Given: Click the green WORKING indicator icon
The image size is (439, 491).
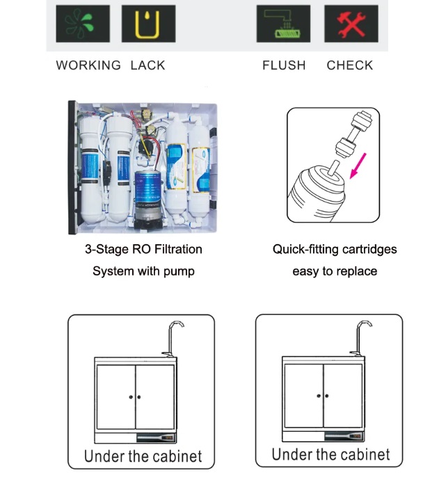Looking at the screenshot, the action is [83, 24].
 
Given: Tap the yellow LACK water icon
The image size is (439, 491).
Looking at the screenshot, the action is [148, 24].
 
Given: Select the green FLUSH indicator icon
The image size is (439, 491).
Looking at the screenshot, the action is [283, 24].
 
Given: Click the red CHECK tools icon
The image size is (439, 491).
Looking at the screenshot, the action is [351, 24].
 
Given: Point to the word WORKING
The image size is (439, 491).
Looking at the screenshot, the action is [88, 65].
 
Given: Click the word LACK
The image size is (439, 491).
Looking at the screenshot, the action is [148, 65].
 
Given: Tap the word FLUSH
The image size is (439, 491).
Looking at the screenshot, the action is [284, 65].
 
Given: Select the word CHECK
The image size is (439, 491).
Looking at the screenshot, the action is [350, 65].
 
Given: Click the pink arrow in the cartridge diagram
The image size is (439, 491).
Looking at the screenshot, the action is [358, 166].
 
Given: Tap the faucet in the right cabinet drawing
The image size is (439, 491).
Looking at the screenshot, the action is [360, 337].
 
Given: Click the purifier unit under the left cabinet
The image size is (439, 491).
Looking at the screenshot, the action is [157, 437].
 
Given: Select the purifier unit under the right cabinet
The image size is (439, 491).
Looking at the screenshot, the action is [344, 436].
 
